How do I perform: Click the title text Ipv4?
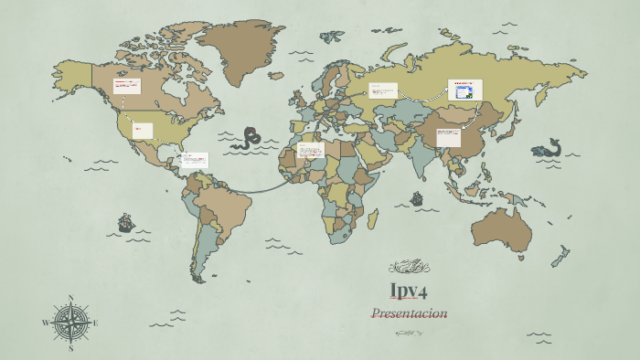point(409,291)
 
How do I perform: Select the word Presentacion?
point(409,313)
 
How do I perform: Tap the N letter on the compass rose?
point(70,298)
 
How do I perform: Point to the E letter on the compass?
point(95,323)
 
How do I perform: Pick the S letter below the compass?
point(70,348)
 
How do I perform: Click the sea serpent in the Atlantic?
point(247,139)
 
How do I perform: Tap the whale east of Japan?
point(547,148)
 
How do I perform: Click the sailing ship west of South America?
point(126,222)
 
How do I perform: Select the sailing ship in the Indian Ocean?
point(417,198)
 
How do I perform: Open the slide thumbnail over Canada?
point(126,86)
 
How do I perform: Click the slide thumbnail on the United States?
point(143,131)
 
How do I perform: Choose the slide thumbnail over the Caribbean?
point(195,160)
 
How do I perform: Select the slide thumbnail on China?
point(448,137)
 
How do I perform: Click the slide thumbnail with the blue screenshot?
point(464,90)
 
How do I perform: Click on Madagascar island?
point(372,218)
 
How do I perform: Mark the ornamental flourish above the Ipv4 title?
point(409,267)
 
